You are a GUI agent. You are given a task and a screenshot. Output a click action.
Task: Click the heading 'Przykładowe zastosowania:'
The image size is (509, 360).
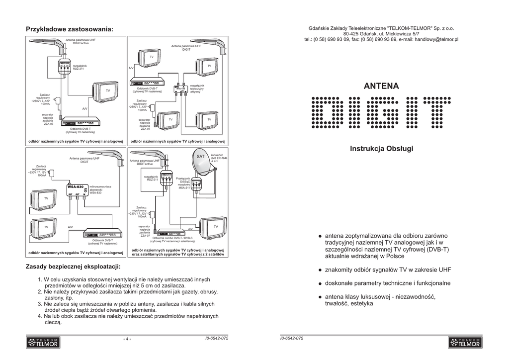tap(69, 29)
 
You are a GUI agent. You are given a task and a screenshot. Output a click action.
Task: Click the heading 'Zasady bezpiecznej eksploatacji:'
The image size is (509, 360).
tap(73, 268)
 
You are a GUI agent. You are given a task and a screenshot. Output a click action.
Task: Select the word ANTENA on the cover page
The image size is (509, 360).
tap(381, 86)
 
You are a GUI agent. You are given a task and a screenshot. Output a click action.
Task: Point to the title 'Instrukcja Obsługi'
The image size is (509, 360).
tap(381, 149)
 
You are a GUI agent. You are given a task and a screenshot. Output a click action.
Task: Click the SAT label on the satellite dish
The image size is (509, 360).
tap(200, 157)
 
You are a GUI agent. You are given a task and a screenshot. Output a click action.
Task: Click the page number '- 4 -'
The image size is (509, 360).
tap(127, 339)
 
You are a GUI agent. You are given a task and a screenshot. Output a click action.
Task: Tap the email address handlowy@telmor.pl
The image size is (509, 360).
tap(436, 39)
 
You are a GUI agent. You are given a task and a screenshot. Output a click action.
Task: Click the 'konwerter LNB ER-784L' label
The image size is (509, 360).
tap(219, 158)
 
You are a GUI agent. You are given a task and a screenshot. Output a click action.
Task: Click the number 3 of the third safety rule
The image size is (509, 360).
tap(40, 303)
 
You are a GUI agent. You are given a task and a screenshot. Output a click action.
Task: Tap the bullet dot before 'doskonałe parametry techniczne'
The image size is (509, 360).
tap(320, 283)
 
